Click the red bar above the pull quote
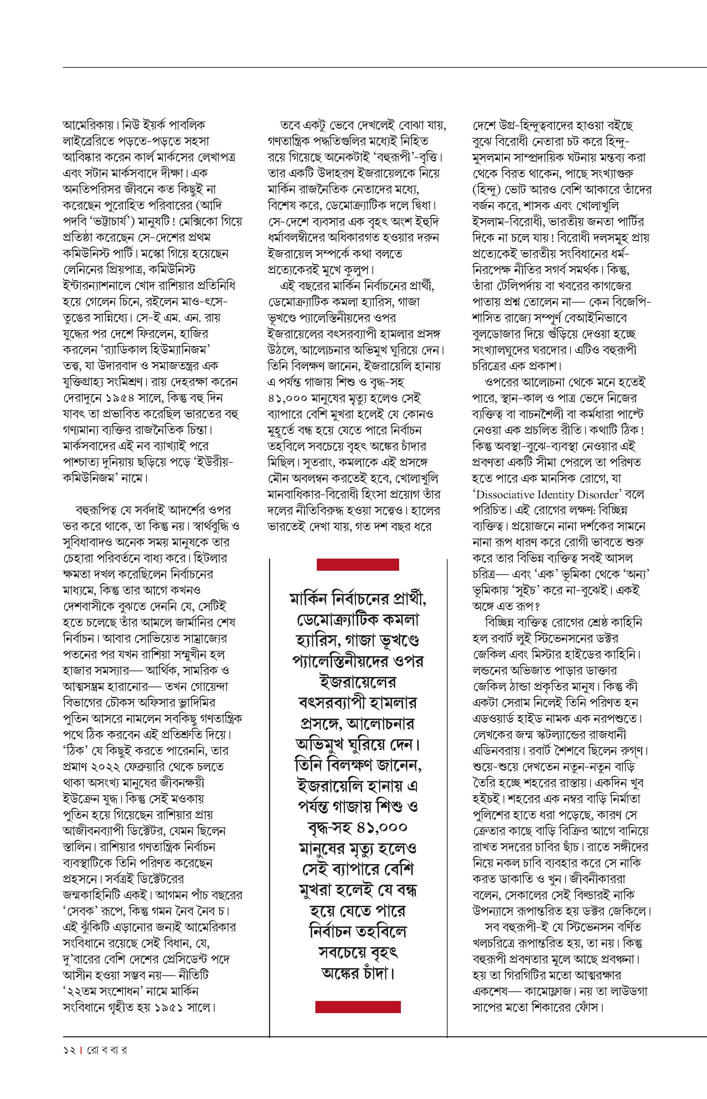tap(358, 564)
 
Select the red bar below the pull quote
tap(358, 1007)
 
